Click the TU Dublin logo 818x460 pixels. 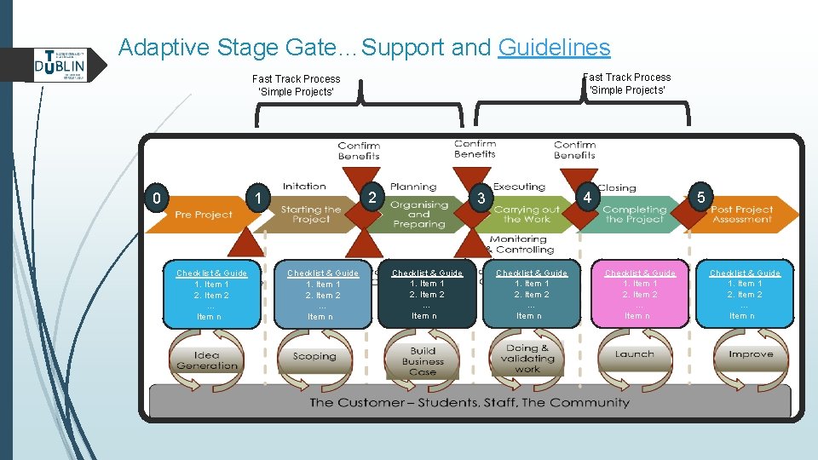tap(60, 64)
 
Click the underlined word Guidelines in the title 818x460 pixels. tap(554, 47)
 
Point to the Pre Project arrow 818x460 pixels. tap(203, 214)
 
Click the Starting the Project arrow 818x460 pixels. tap(311, 214)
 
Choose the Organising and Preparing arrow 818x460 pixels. tap(419, 214)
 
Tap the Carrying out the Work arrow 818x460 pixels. tap(527, 214)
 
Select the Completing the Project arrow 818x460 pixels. tap(634, 214)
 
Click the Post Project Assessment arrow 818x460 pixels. tap(741, 214)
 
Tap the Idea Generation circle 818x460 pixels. tap(207, 360)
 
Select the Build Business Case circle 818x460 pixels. tap(423, 360)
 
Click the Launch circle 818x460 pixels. tap(635, 355)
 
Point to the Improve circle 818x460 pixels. tap(751, 355)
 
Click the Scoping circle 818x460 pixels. tap(314, 357)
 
